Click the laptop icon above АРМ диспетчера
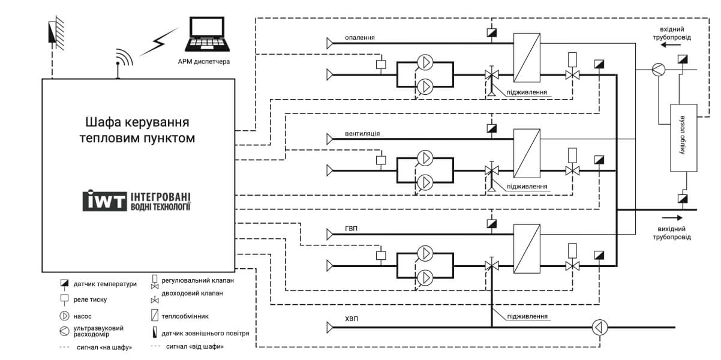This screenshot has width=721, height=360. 208,34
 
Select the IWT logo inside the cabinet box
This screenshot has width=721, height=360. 137,200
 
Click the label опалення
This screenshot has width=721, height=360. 360,37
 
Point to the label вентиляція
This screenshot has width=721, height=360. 362,133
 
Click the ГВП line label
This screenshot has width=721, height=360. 351,229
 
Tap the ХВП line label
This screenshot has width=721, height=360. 352,319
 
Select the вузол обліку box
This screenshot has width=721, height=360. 684,138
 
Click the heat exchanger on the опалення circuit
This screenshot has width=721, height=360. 527,58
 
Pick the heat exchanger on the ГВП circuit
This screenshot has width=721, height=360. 527,249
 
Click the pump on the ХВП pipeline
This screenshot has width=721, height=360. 600,328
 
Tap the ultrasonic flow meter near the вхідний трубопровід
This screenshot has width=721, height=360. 659,70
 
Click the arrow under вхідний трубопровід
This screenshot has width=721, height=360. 671,45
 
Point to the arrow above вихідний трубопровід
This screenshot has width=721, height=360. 672,218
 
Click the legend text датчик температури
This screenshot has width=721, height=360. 105,284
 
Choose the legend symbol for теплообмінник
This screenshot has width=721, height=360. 155,315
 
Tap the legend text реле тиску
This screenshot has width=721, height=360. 90,299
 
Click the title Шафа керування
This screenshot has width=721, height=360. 137,122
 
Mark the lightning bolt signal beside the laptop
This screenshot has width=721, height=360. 159,42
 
